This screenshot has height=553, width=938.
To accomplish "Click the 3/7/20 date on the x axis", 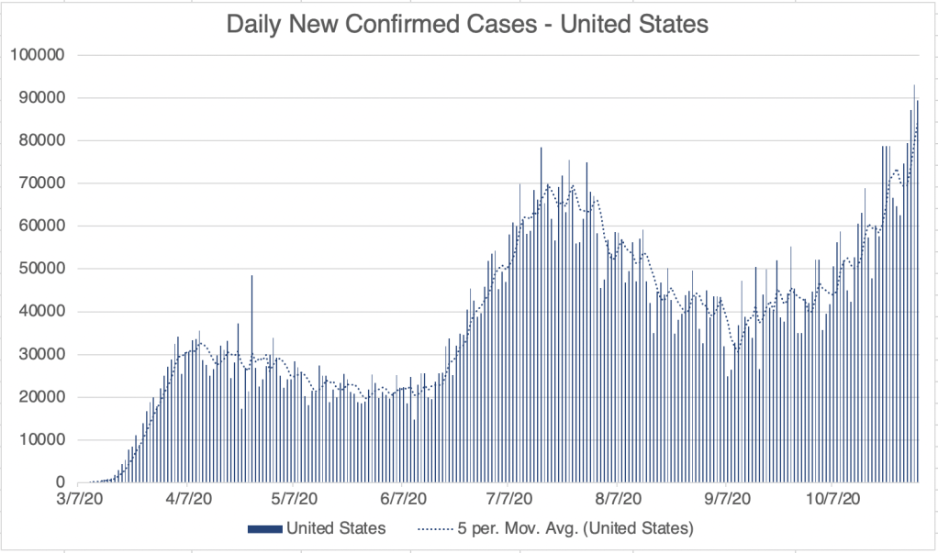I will click(x=82, y=499).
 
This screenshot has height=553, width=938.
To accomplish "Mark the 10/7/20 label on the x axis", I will click(x=832, y=499).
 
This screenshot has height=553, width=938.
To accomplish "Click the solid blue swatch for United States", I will click(x=264, y=528).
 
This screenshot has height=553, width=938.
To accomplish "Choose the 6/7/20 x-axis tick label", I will click(x=401, y=499).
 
